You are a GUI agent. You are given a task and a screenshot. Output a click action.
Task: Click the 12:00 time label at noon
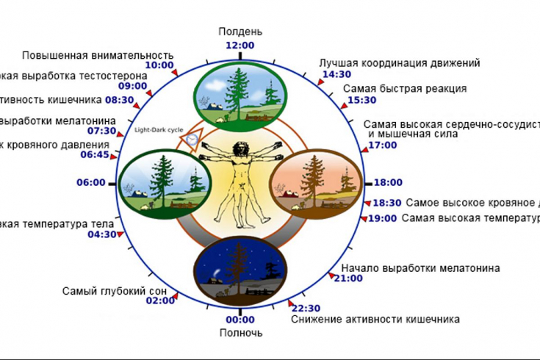240,45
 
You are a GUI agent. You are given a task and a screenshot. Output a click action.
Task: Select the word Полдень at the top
240,32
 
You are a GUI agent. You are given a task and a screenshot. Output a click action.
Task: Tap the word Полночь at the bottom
240,333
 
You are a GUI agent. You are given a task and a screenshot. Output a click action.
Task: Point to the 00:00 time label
240,320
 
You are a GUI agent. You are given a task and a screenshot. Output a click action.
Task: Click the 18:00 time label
388,182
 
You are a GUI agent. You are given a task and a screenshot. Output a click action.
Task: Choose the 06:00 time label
90,182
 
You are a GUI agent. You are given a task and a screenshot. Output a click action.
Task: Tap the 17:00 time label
382,145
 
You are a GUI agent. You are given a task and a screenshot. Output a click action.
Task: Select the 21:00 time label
348,278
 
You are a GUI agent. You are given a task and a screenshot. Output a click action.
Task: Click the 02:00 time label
160,300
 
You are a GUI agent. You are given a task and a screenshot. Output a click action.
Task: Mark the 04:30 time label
102,234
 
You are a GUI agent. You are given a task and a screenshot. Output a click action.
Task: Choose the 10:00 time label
159,65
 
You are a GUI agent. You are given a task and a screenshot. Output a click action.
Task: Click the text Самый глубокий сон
115,291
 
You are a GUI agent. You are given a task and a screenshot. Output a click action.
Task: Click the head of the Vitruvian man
239,146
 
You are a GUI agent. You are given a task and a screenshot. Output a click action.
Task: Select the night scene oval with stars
240,270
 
